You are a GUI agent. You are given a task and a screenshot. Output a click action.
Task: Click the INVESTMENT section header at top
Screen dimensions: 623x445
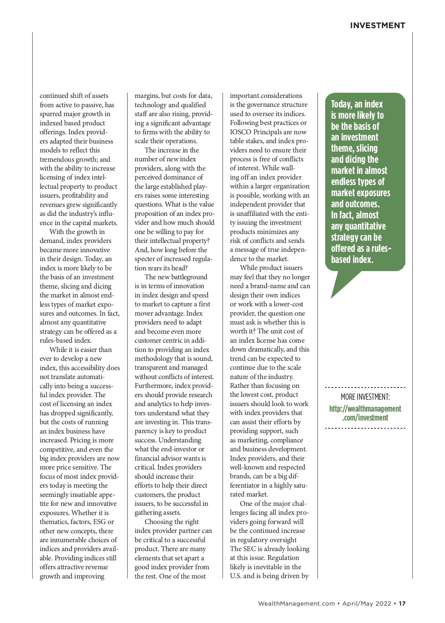point(378,26)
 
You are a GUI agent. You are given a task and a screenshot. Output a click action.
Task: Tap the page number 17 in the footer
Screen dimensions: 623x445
point(402,603)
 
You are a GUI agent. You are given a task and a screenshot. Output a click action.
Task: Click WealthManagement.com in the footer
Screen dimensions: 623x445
point(296,603)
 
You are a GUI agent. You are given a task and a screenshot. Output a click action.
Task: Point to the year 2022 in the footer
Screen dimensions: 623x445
point(383,603)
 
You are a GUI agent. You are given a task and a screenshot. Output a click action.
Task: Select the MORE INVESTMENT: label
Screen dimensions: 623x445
point(365,397)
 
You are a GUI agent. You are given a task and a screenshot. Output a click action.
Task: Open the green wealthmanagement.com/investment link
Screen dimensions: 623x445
point(365,413)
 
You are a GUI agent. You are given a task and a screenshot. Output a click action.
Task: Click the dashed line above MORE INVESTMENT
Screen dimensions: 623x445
point(365,388)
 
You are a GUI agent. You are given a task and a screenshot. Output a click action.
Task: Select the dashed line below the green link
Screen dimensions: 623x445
point(365,428)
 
